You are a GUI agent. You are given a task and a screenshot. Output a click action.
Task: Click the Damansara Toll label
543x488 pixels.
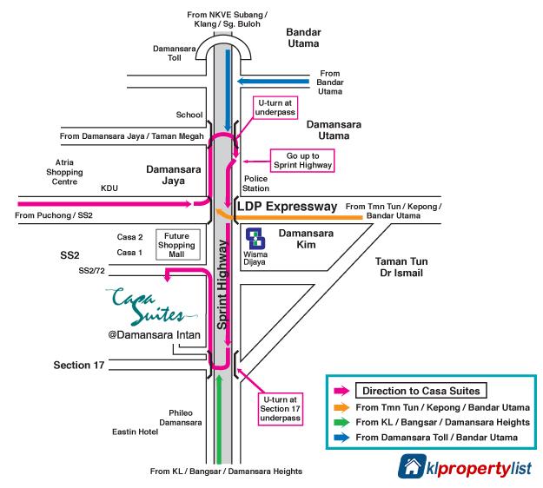[174, 53]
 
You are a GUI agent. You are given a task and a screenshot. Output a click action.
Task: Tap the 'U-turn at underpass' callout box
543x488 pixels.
[275, 108]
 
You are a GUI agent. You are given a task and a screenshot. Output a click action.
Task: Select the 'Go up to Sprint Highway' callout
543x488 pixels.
[302, 161]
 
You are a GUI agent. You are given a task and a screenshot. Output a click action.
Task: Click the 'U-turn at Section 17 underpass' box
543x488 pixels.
[280, 409]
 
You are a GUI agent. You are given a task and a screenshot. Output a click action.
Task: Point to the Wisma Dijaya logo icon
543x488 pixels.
[255, 239]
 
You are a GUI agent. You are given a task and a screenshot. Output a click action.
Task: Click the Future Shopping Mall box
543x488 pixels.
[177, 245]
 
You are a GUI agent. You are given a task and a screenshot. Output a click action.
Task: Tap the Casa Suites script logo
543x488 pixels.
[149, 306]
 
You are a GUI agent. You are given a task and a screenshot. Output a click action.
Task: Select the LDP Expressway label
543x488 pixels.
[287, 207]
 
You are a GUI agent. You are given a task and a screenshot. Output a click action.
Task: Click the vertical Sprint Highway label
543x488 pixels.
[222, 284]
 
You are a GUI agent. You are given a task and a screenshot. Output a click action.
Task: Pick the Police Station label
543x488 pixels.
[255, 183]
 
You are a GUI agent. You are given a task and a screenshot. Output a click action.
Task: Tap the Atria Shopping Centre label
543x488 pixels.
[64, 172]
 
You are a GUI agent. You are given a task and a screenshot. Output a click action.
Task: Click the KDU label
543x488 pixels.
[109, 188]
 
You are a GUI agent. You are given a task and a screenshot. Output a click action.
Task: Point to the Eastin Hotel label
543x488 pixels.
[135, 432]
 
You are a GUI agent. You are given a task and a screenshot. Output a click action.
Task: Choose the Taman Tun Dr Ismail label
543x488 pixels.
[401, 267]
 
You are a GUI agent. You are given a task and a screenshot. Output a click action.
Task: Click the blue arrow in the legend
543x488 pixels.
[341, 438]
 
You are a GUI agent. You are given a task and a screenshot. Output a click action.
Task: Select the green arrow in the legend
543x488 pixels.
[341, 422]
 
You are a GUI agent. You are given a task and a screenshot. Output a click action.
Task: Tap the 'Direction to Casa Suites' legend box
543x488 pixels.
[421, 391]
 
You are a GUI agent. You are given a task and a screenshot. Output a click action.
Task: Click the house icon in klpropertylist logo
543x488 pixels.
[412, 465]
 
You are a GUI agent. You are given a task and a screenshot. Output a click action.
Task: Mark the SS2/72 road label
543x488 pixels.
[91, 271]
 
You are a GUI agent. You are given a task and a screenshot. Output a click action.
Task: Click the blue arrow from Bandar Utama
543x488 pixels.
[273, 82]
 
